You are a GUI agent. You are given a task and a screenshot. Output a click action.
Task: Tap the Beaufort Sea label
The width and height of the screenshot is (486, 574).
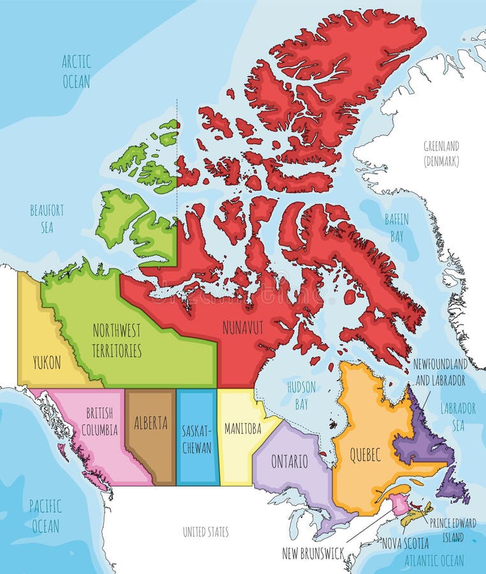point(47,218)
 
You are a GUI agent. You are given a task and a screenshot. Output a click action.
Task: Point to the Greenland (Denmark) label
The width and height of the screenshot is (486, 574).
point(441,154)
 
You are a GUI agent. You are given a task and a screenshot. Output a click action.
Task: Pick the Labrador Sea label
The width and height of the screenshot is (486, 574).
point(458,416)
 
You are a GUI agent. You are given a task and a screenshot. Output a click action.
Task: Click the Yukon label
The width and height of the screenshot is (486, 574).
point(47,363)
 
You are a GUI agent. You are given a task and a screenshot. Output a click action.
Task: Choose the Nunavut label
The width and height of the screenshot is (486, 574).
point(242,327)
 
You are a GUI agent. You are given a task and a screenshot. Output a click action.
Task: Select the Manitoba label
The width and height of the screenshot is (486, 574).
point(242,429)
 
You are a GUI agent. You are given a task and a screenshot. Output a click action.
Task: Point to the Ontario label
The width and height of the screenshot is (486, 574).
point(289,460)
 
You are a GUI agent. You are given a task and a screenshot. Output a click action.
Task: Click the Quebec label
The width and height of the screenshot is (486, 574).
point(365,455)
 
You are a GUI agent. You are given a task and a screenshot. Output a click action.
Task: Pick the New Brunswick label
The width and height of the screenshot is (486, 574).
point(313,554)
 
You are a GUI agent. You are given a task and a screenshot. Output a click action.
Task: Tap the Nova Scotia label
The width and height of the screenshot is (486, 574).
point(405,544)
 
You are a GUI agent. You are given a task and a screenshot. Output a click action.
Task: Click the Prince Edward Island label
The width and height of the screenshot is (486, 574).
point(452,529)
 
